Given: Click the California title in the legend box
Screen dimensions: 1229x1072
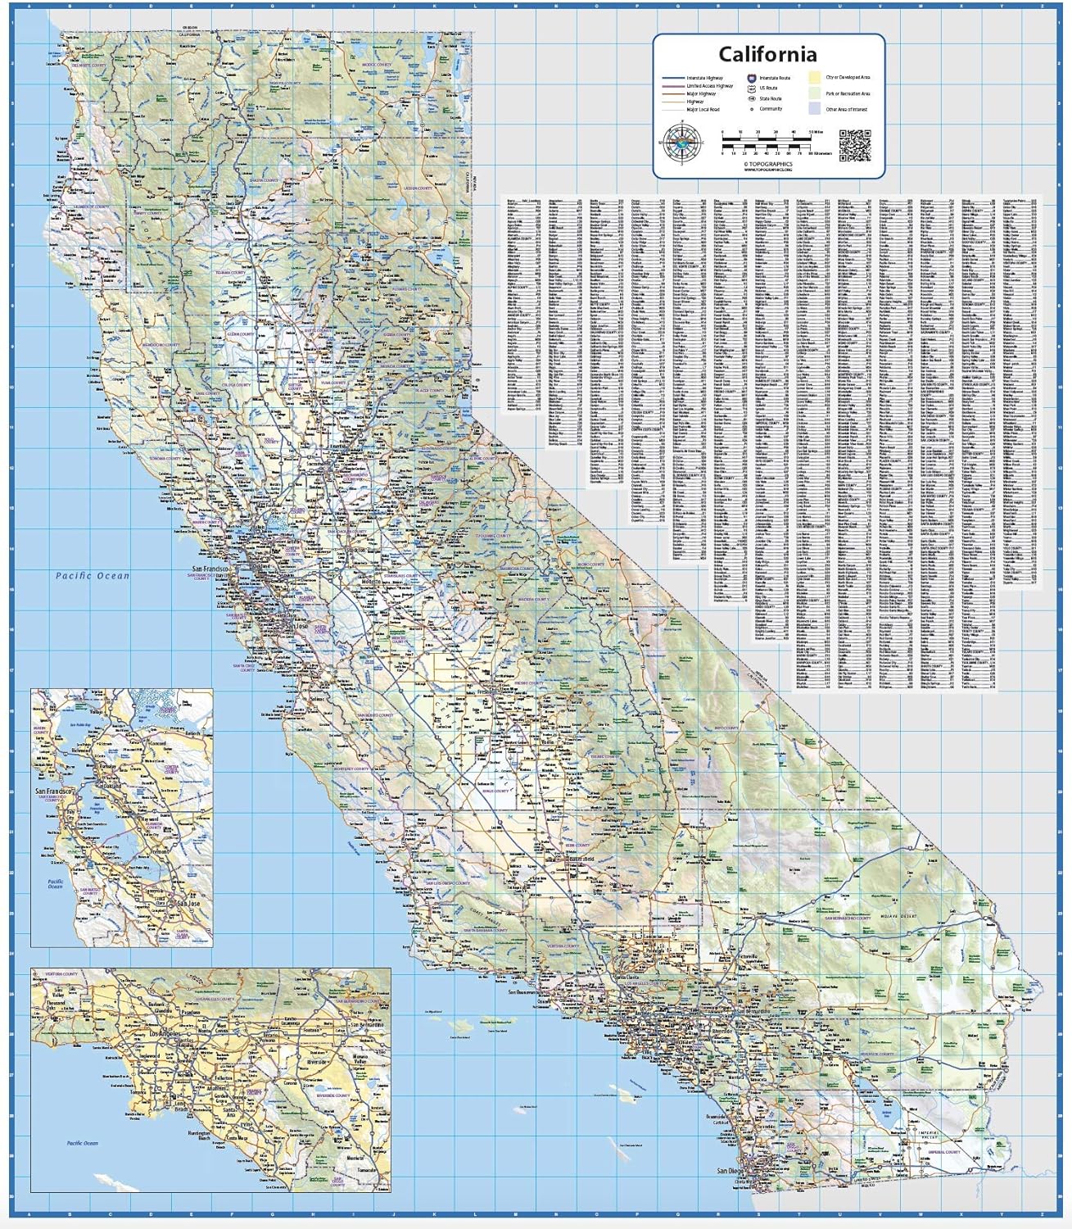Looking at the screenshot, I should tap(767, 55).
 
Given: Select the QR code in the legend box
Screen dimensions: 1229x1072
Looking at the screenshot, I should tap(854, 145).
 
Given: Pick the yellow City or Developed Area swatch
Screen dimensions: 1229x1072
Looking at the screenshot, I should tap(814, 77).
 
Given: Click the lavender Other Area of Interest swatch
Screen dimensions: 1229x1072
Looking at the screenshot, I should tap(814, 108).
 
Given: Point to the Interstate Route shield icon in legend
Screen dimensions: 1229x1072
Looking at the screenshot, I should tap(751, 78).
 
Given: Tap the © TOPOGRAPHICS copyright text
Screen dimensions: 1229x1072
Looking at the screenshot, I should tap(767, 164).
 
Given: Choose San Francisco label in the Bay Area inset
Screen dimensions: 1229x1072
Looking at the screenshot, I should tap(54, 791).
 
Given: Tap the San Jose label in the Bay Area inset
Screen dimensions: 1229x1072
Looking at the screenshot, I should tap(188, 903).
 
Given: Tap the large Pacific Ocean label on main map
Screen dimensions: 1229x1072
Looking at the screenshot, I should tap(93, 576).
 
